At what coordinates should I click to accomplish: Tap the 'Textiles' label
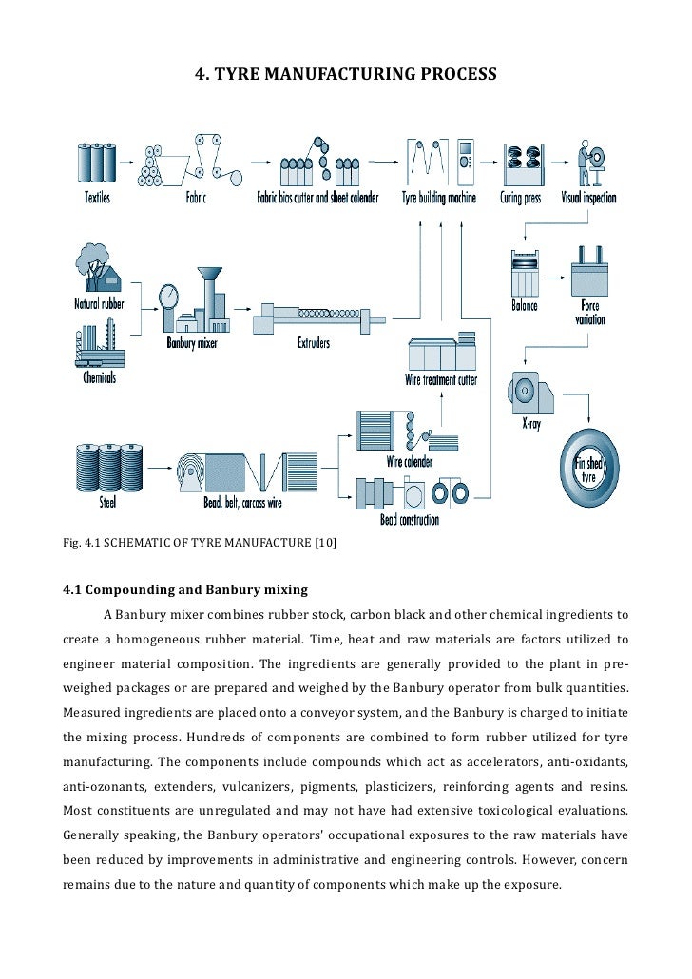(x=97, y=198)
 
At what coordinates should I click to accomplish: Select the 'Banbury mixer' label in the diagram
(x=192, y=343)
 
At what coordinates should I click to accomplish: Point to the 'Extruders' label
(x=314, y=342)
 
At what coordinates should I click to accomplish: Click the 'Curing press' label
(x=521, y=198)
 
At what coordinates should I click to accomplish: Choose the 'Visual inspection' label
(x=588, y=198)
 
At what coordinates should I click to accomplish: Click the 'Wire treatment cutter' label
(x=441, y=380)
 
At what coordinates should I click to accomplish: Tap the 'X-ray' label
(x=531, y=424)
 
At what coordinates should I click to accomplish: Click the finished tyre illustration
(x=589, y=469)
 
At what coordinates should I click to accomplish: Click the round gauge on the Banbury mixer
(x=170, y=295)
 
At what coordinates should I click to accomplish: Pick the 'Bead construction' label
(x=410, y=520)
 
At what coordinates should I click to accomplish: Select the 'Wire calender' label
(x=410, y=462)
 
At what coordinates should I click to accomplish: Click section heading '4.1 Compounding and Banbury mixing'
(x=185, y=588)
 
